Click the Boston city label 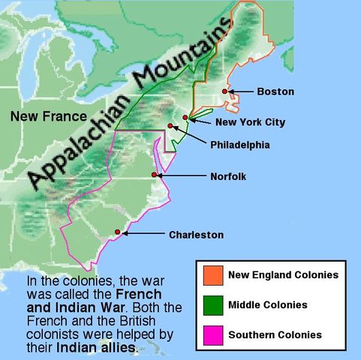275,91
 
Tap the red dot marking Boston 224,91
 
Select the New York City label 250,122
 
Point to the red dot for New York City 185,118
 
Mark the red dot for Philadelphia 171,126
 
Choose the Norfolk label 228,176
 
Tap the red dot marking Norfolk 155,175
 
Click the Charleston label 196,235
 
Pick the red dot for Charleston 118,232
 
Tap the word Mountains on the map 182,59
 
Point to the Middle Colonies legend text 268,305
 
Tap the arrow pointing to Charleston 143,234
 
